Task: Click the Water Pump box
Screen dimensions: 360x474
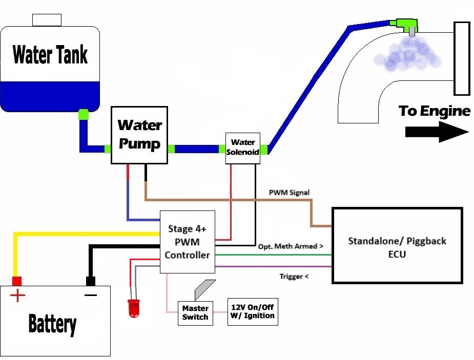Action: [139, 135]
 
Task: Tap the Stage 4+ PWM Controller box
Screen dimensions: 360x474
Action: [188, 241]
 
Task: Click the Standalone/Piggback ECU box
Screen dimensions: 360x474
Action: [397, 245]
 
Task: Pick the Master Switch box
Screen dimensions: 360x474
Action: [195, 312]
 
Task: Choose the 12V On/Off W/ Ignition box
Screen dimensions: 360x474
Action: [252, 311]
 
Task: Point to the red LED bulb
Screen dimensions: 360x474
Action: [134, 309]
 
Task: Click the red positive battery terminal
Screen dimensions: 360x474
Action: [17, 281]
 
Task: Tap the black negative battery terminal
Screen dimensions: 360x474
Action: [91, 281]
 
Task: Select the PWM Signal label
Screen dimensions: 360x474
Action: [289, 193]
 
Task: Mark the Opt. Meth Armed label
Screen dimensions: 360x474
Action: [291, 246]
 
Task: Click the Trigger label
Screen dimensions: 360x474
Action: [294, 277]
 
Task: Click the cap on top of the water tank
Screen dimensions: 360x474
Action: [47, 20]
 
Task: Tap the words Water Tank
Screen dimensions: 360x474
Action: [50, 54]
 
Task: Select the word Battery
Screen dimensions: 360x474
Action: [52, 324]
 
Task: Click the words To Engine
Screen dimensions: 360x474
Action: [434, 111]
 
